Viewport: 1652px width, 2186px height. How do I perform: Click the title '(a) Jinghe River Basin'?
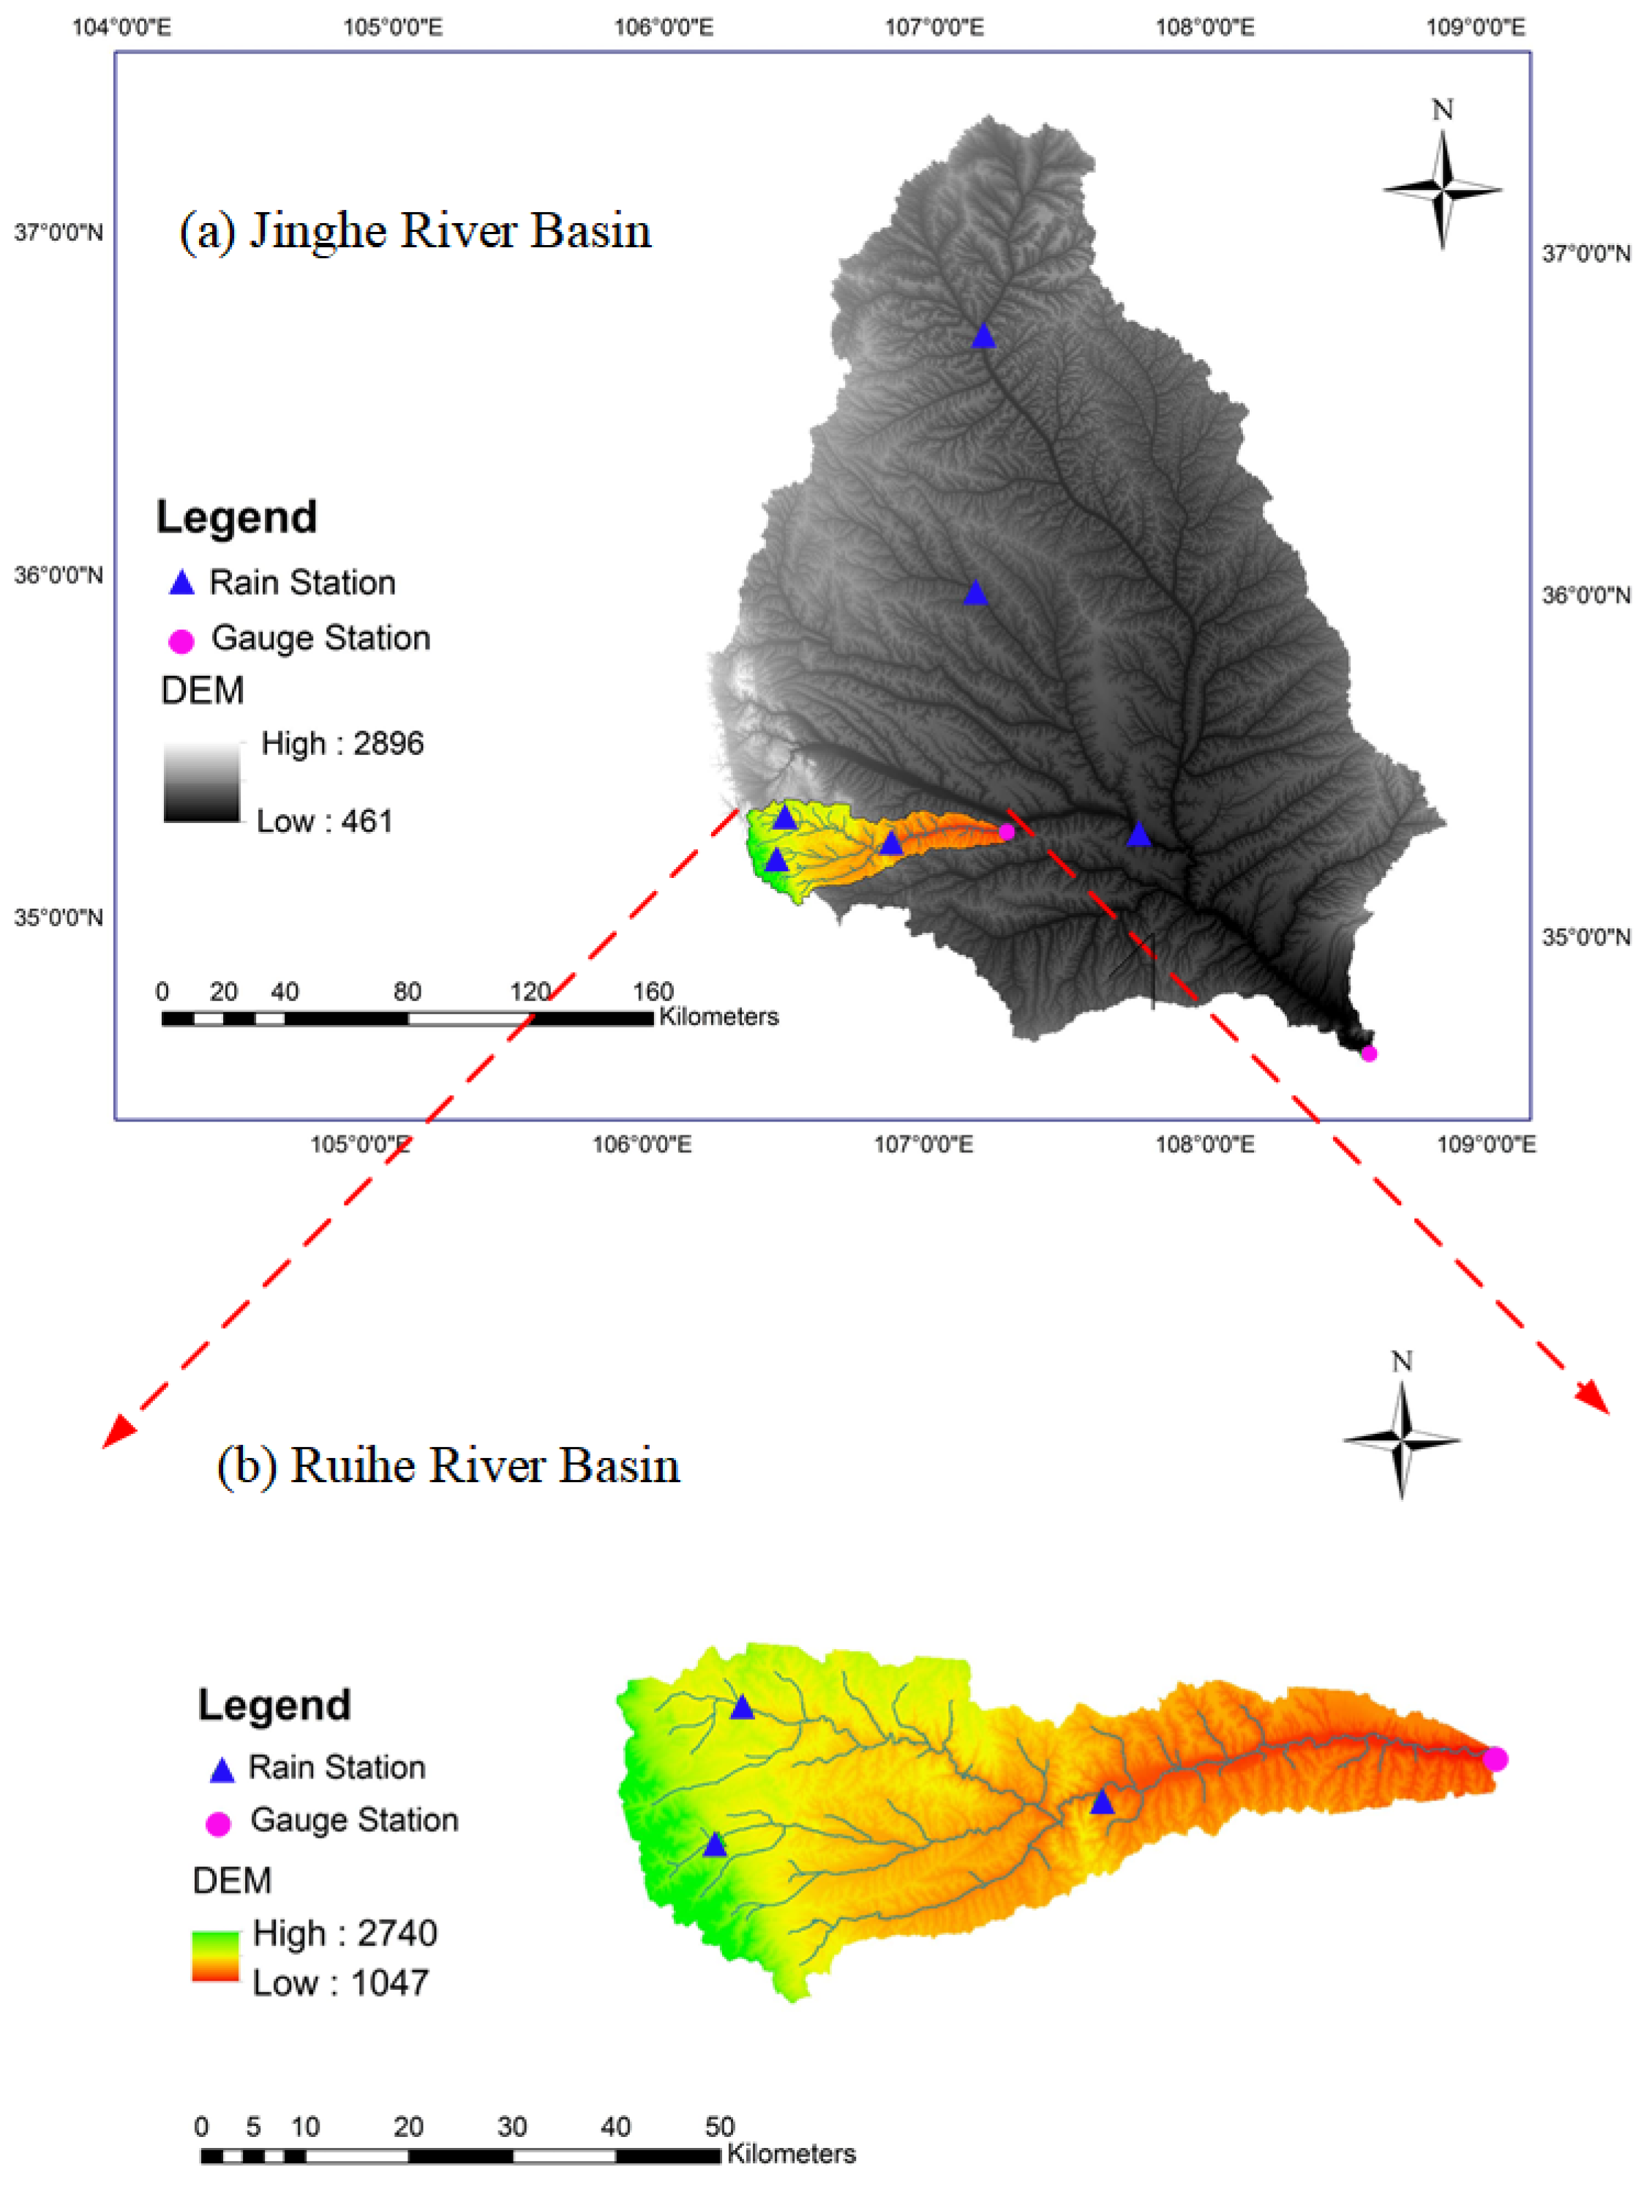tap(415, 230)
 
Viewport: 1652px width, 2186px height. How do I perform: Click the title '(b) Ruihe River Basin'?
tap(448, 1465)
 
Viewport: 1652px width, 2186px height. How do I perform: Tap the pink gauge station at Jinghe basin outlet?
tap(1368, 1053)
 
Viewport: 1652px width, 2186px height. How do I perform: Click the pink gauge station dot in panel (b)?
tap(1495, 1759)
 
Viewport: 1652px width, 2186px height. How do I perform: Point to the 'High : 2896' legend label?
tap(342, 743)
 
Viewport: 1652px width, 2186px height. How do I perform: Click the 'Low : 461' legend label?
tap(324, 822)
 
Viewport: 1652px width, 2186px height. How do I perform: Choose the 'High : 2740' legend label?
tap(345, 1933)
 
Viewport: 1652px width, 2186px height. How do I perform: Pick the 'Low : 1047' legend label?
tap(340, 1983)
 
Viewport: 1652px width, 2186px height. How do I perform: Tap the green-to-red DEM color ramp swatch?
tap(215, 1957)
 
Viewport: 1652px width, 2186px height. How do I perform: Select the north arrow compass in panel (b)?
tap(1401, 1439)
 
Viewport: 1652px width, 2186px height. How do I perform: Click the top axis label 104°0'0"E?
tap(121, 26)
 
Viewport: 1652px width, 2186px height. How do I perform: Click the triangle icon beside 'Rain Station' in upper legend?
tap(181, 583)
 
